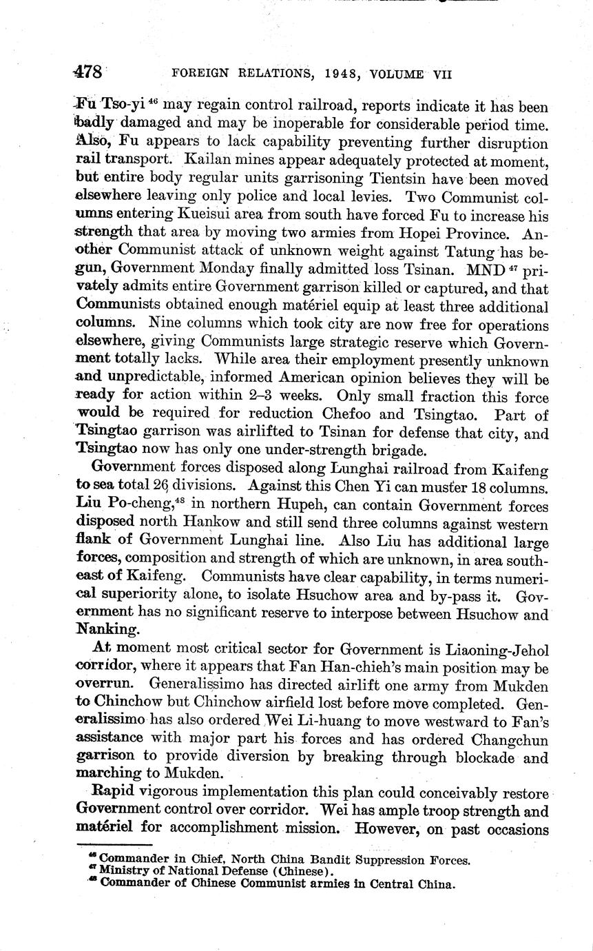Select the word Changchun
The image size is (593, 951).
503,740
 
